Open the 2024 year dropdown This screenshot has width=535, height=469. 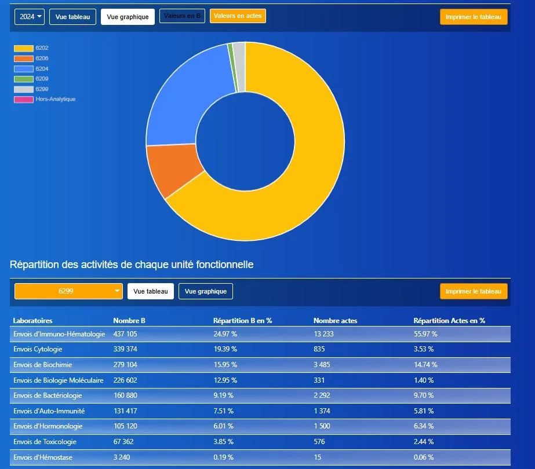point(30,17)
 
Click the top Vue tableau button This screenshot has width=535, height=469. point(72,17)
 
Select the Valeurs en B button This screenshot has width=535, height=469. point(182,16)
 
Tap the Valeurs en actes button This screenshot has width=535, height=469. point(238,16)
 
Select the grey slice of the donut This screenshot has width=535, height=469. point(239,67)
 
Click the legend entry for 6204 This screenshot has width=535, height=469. point(31,69)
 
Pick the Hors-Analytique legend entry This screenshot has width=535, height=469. point(45,99)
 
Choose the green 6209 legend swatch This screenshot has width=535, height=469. point(24,79)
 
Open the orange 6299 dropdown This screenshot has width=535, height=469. point(68,291)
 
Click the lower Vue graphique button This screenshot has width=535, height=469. point(206,291)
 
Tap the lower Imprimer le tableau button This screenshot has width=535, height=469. point(474,291)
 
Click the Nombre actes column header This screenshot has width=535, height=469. point(336,320)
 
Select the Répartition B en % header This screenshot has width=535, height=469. point(243,320)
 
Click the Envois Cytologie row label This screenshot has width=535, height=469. point(38,349)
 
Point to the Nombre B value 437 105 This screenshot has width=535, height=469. point(125,334)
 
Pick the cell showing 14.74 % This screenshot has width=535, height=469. point(425,364)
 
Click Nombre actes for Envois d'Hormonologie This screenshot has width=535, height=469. point(322,426)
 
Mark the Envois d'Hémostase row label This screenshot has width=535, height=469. point(43,457)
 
